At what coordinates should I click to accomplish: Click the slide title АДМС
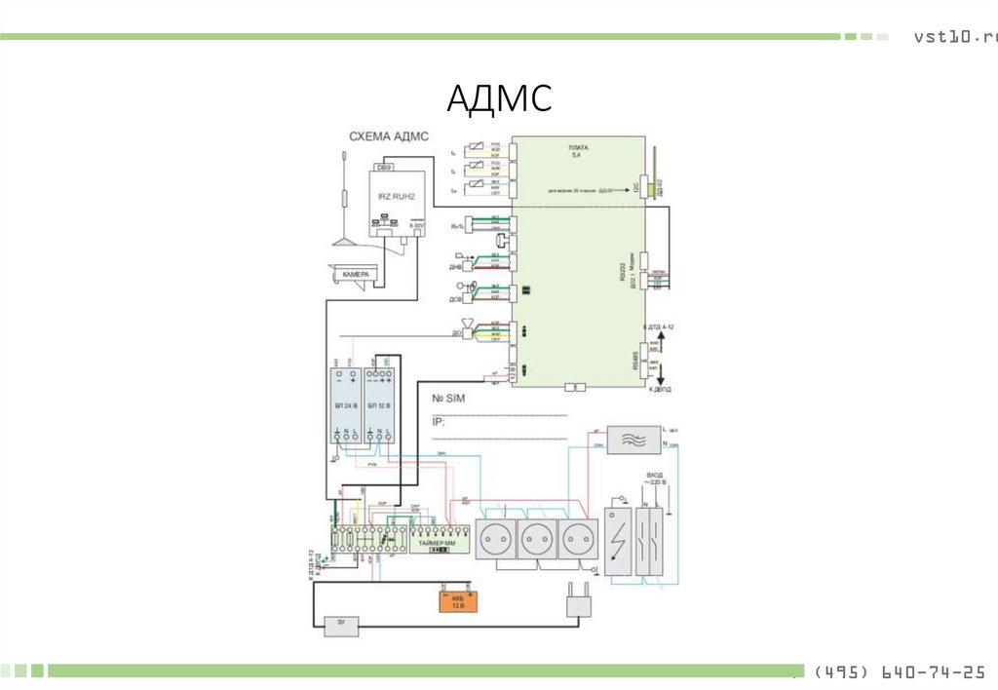coord(499,97)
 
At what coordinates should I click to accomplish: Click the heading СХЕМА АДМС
coord(389,137)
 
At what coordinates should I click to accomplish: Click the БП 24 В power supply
coord(345,403)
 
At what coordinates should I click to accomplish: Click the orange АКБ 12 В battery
coord(456,600)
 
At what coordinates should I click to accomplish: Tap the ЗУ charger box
coord(341,626)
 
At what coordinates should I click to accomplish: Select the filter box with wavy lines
coord(633,439)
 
